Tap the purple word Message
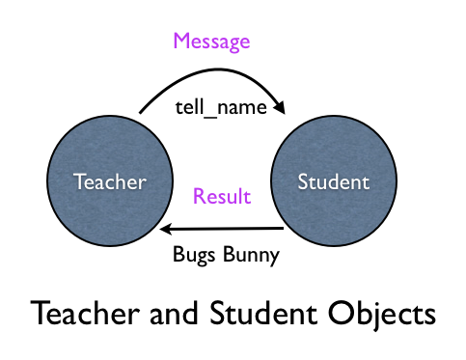point(210,42)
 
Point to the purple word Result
point(222,197)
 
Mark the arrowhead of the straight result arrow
point(167,230)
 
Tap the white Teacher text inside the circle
point(111,180)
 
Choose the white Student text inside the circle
point(333,180)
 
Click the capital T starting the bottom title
point(41,315)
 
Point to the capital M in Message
point(180,42)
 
